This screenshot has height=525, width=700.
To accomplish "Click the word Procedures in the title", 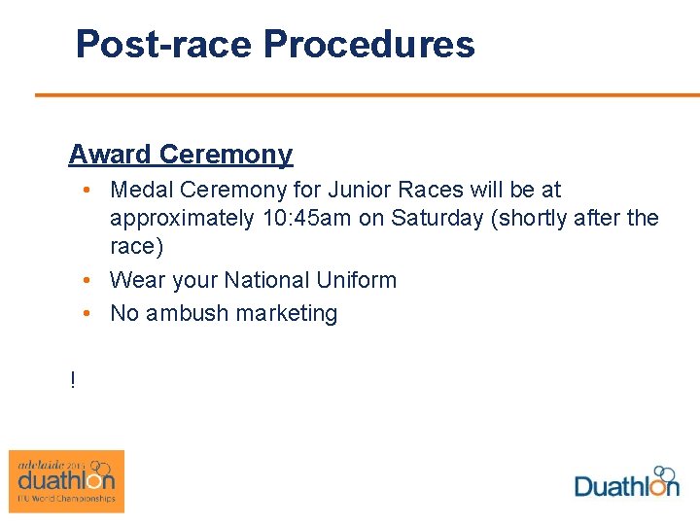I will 368,45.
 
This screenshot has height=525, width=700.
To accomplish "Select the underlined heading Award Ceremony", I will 180,155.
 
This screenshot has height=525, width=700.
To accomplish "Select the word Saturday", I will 437,219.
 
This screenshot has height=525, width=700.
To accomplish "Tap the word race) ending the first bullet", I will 136,247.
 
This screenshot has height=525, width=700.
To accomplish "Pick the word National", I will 269,280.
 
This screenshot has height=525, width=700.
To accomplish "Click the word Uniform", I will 359,280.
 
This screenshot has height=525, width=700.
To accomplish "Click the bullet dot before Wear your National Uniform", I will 87,280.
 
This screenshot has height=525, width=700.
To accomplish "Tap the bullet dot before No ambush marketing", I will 87,313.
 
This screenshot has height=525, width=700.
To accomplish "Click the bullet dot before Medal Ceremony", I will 87,190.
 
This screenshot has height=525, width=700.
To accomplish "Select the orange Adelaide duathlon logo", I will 66,480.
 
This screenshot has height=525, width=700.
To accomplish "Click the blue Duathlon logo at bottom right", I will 626,482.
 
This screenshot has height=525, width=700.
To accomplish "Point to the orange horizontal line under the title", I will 367,95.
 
